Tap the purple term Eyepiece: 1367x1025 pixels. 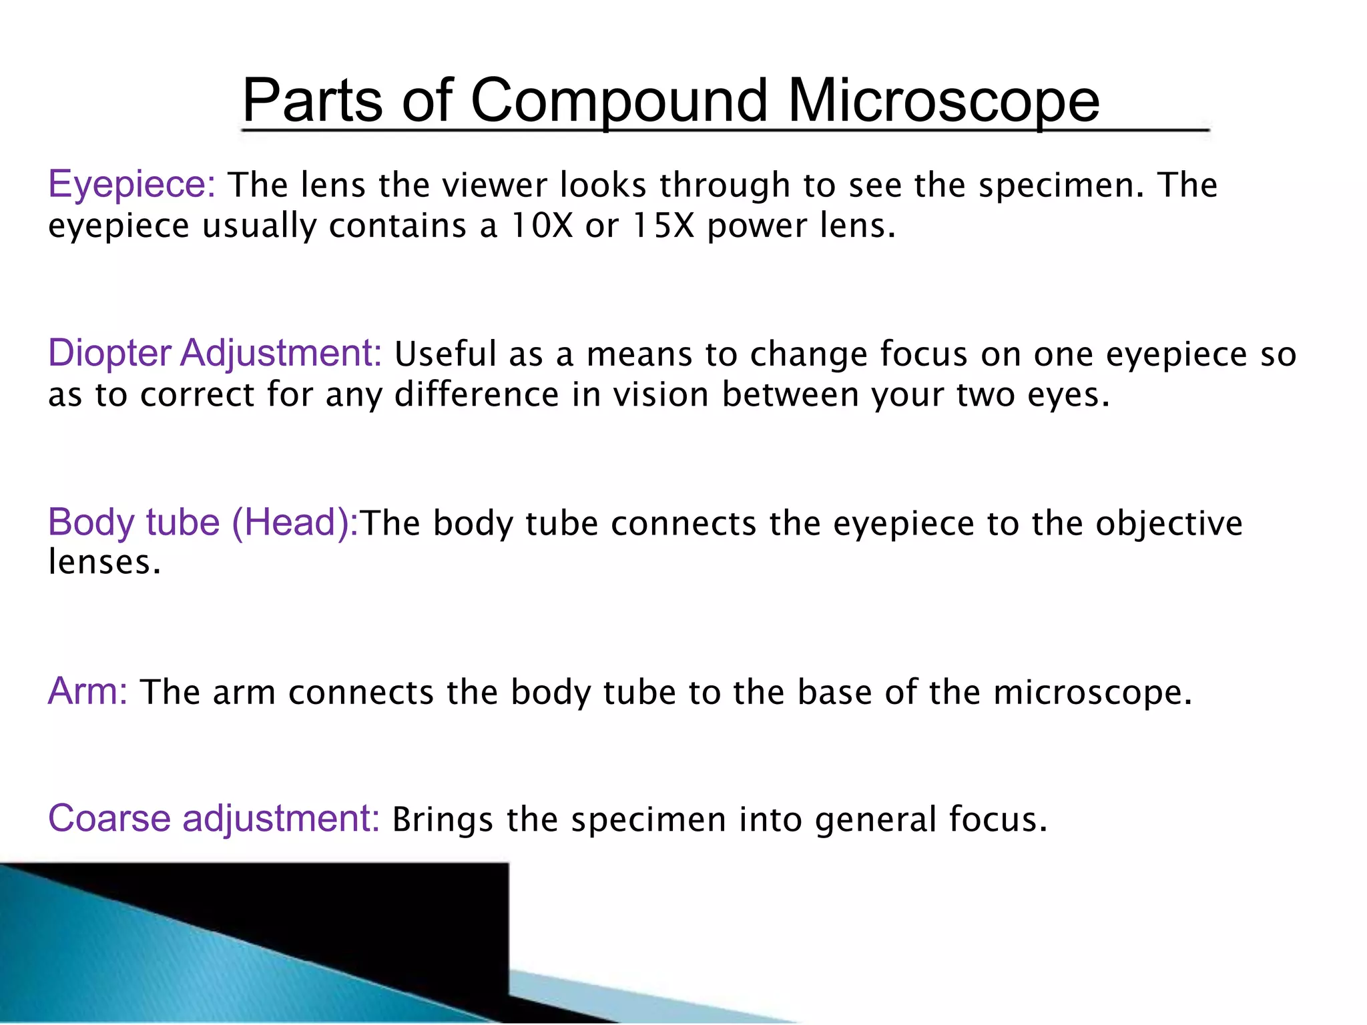point(131,185)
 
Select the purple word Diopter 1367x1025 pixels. point(109,354)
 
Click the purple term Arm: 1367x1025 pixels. point(87,691)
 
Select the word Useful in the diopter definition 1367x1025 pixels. point(445,354)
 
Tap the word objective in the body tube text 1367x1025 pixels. point(1169,523)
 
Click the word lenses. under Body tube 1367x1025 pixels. point(105,562)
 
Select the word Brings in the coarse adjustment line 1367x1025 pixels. point(443,820)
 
